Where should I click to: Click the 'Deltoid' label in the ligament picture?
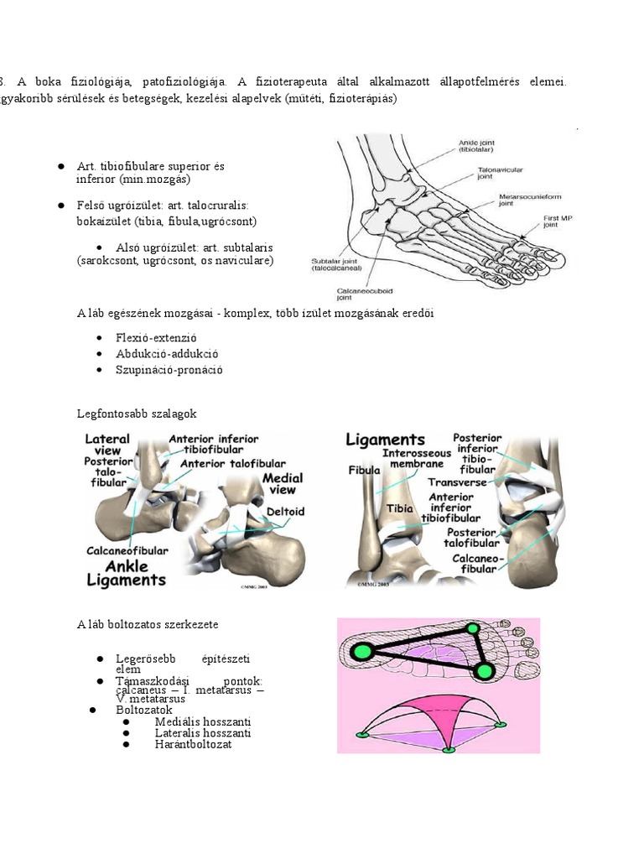pyautogui.click(x=285, y=511)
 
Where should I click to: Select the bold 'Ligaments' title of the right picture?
pyautogui.click(x=387, y=440)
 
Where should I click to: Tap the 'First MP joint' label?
pyautogui.click(x=550, y=221)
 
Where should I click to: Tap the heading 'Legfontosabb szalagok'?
pyautogui.click(x=137, y=414)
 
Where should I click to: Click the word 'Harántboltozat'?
pyautogui.click(x=193, y=744)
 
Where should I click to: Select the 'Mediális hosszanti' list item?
pyautogui.click(x=203, y=721)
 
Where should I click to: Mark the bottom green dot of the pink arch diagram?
pyautogui.click(x=449, y=748)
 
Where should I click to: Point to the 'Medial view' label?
pyautogui.click(x=283, y=483)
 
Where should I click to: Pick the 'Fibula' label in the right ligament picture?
pyautogui.click(x=364, y=471)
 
